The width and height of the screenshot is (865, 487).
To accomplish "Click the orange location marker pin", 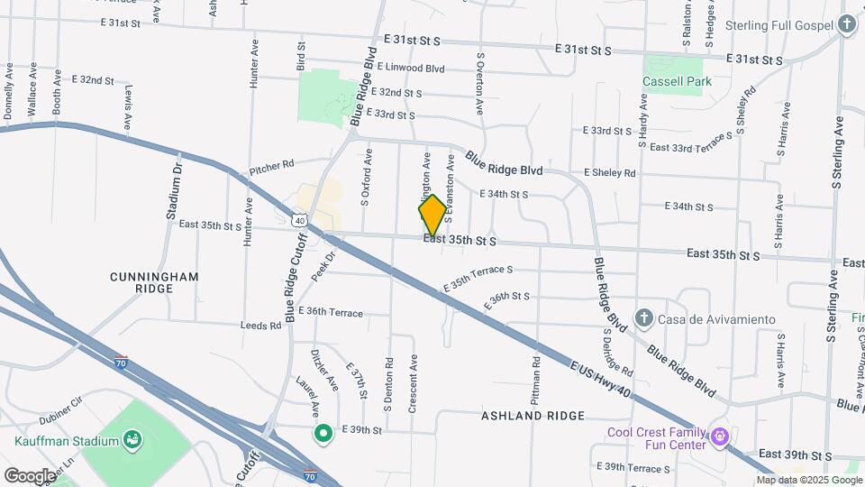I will point(432,216).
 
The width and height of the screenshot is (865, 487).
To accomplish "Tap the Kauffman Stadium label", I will point(67,441).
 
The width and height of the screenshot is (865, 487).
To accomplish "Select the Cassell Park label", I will point(677,81).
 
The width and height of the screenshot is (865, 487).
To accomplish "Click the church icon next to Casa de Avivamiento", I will point(642,318).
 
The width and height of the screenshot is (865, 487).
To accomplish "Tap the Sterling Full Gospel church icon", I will point(846,24).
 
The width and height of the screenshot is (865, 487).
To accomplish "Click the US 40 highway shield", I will point(299,219).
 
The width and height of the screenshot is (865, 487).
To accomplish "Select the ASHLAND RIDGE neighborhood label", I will point(533,416).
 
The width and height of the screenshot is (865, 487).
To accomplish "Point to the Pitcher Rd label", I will point(272,166).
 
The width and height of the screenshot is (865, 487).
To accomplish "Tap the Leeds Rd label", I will point(260,325).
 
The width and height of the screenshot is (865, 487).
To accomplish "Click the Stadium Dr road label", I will point(175,191).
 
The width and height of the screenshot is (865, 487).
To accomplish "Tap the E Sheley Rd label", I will point(609,172).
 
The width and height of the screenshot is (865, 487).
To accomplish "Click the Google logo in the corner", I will point(30,475).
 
